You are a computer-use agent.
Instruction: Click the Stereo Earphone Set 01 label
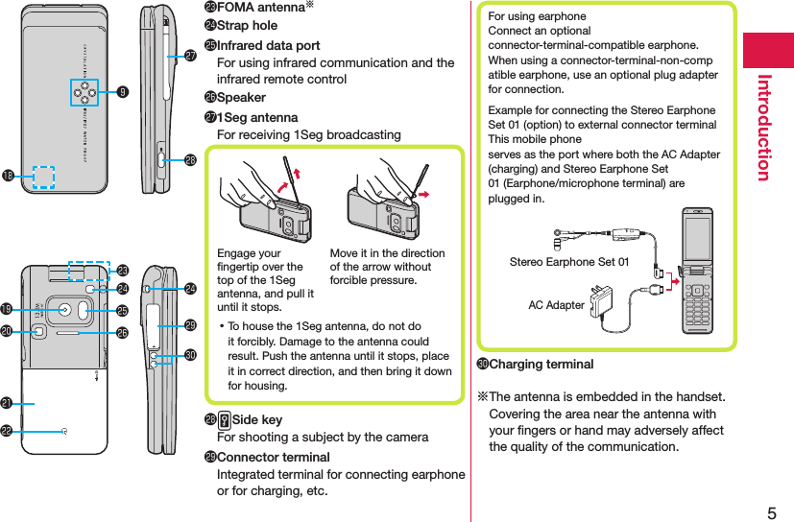[569, 261]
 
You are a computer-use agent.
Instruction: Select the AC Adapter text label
[556, 304]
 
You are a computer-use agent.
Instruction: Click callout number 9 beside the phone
[123, 93]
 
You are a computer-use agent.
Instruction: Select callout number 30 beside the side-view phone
[190, 356]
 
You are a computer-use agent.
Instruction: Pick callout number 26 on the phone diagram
[123, 333]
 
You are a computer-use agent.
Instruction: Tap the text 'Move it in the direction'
[387, 253]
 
